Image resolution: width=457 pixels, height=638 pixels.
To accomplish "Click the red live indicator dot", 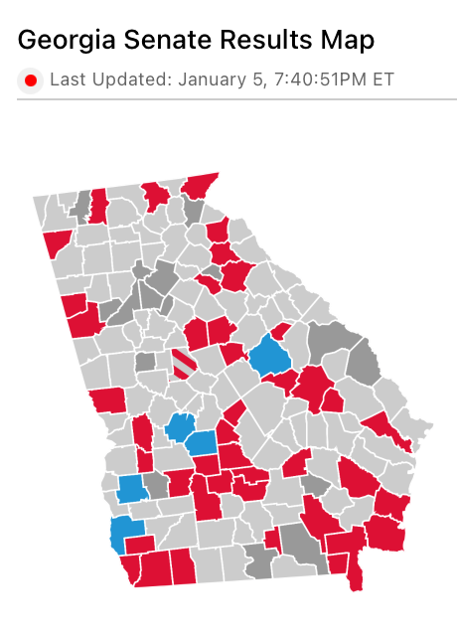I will click(31, 80).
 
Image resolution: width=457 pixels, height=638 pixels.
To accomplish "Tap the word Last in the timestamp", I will click(69, 80).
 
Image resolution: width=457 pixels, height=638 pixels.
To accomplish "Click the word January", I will click(211, 80).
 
